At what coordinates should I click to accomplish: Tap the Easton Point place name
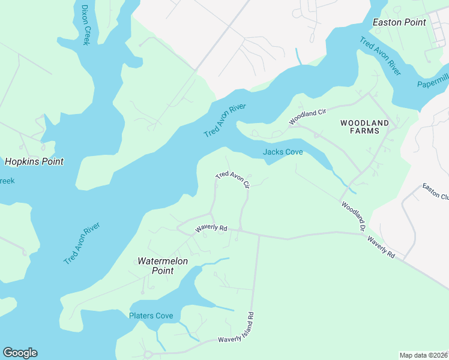pos(399,22)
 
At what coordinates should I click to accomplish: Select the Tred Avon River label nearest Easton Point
pos(379,56)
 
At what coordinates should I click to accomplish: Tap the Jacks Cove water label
pos(283,152)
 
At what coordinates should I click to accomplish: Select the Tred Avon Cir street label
pos(232,179)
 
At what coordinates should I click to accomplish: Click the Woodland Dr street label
pos(354,216)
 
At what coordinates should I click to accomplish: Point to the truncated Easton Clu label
pos(435,191)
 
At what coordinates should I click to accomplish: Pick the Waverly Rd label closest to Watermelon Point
pos(211,229)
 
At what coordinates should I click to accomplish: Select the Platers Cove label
pos(151,316)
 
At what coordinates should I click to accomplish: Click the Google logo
pos(20,353)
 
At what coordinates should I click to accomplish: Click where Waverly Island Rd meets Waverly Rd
pos(259,235)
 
